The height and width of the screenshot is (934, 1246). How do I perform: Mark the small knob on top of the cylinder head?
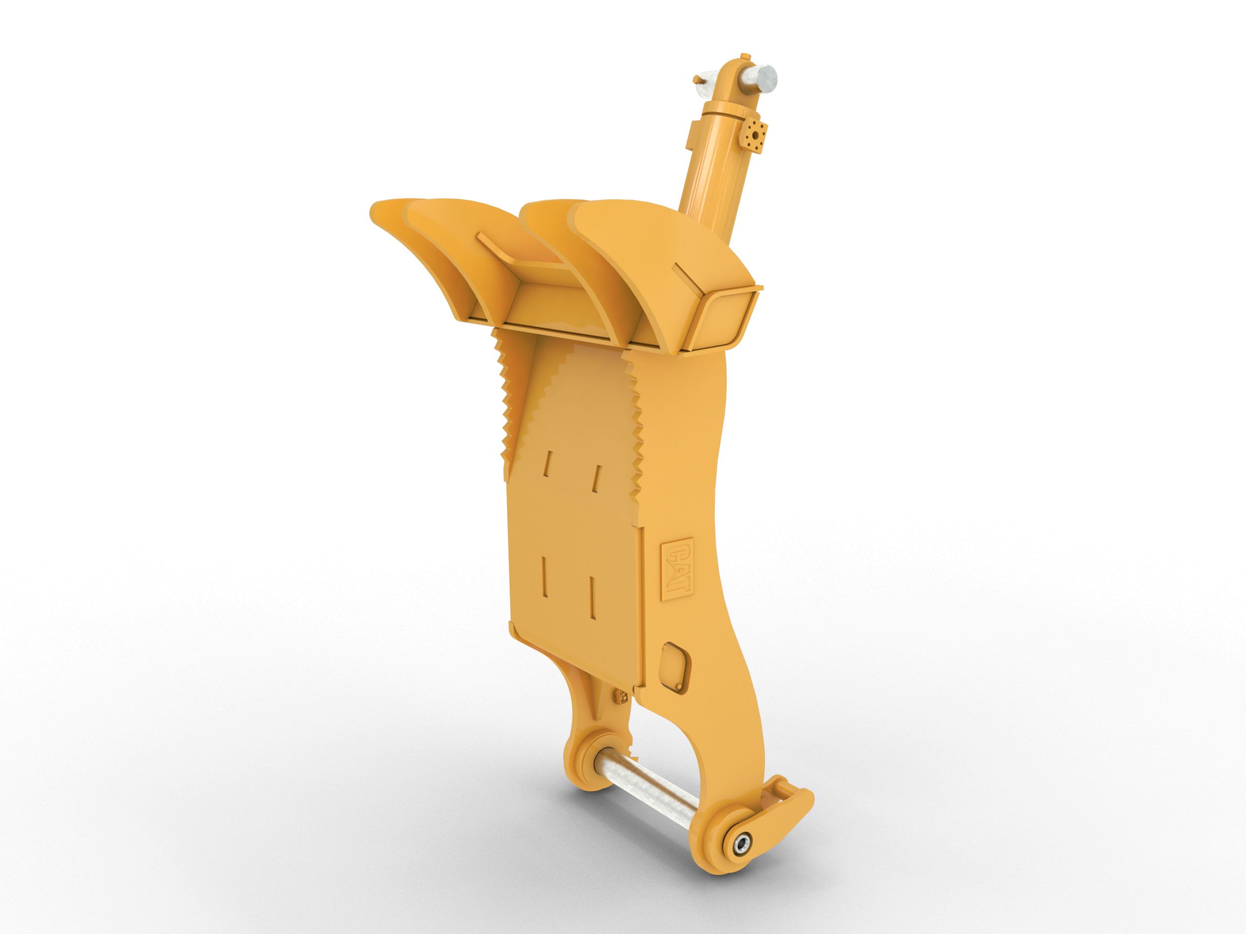click(x=746, y=55)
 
